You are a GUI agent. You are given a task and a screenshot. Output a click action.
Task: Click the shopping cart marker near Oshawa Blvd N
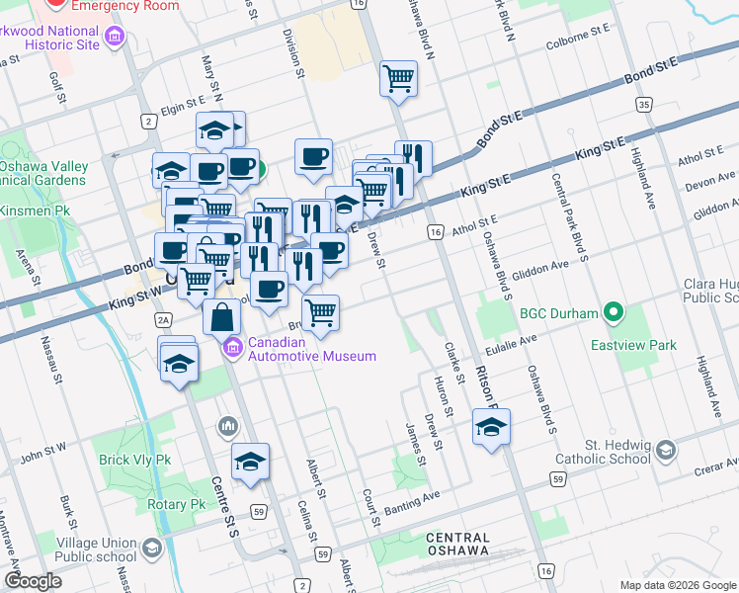[398, 77]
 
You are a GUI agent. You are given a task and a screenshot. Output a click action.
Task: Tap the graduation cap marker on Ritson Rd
[491, 427]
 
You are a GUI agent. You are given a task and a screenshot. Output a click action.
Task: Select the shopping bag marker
[222, 316]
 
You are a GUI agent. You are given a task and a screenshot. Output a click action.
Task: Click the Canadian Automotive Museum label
[311, 349]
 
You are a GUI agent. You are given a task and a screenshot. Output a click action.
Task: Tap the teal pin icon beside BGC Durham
[614, 313]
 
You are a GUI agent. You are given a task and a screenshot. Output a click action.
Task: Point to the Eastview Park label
[633, 345]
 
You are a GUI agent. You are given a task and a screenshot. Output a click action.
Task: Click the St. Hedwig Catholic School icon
[667, 451]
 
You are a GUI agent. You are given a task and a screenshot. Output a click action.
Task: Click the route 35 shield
[645, 105]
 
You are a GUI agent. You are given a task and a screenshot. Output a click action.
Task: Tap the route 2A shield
[164, 318]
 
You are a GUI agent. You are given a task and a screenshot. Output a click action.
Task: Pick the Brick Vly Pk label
[135, 460]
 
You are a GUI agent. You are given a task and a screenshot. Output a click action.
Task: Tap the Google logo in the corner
[33, 581]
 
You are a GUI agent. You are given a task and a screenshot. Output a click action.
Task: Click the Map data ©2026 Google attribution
[677, 585]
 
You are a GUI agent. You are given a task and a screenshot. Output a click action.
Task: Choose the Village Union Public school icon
[151, 548]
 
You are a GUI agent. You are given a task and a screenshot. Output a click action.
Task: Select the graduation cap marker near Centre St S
[251, 462]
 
